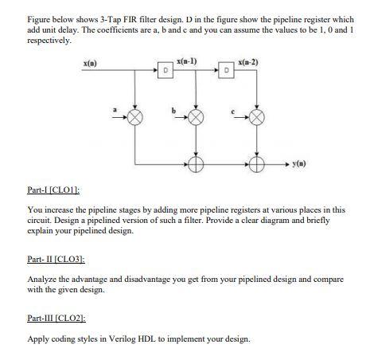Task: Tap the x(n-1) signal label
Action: point(189,61)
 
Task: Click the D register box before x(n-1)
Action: point(164,69)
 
